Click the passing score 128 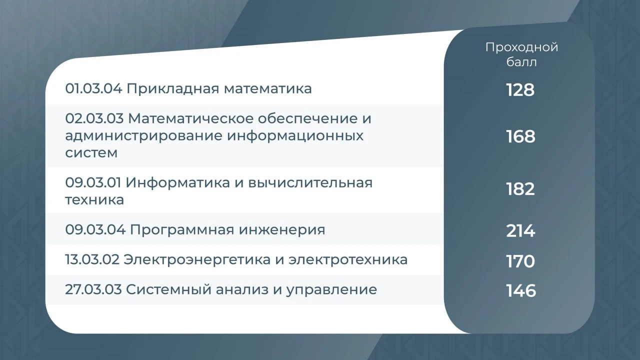[520, 90]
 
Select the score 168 [521, 136]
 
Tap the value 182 [520, 189]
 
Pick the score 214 [520, 231]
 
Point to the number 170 [520, 261]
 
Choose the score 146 [521, 291]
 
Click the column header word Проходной [521, 47]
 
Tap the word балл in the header [521, 62]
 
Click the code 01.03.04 [93, 88]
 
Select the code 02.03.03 [94, 118]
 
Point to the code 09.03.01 [93, 182]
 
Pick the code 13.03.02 [92, 259]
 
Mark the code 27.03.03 [93, 289]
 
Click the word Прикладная [173, 89]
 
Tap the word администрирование [143, 136]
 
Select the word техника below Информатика [94, 199]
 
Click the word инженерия [282, 230]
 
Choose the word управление [331, 290]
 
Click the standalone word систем [91, 153]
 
